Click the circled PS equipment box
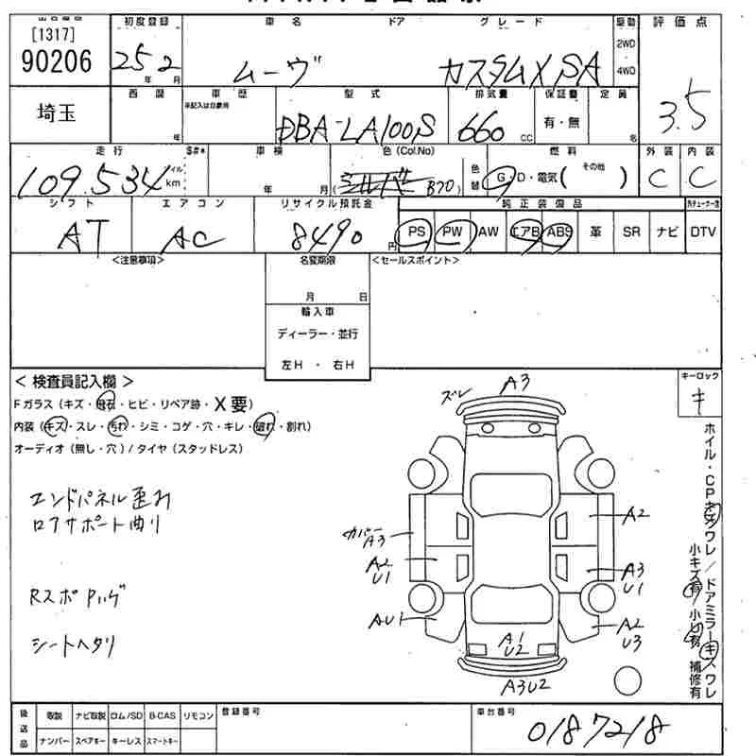click(415, 232)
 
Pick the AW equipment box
click(488, 232)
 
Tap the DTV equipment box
click(702, 232)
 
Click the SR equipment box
click(630, 232)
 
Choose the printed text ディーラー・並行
click(318, 334)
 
